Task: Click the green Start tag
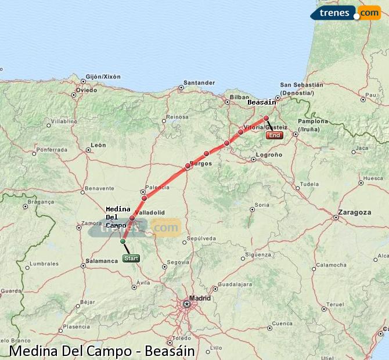coord(131,258)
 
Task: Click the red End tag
coord(275,135)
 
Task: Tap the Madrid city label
coord(200,298)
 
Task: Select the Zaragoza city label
coord(356,213)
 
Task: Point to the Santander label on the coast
coord(199,82)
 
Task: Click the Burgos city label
coord(200,164)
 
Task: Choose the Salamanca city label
coord(102,261)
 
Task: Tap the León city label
coord(98,145)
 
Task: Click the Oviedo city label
coord(87,90)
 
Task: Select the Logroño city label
coord(269,155)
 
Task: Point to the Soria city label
coord(262,204)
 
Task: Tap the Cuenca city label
coord(282,323)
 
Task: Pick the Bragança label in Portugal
coord(41,202)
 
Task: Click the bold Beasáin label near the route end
coord(261,102)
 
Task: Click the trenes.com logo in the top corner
coord(346,12)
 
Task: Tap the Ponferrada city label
coord(52,150)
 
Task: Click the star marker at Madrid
coord(187,304)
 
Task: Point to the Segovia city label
coord(178,262)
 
